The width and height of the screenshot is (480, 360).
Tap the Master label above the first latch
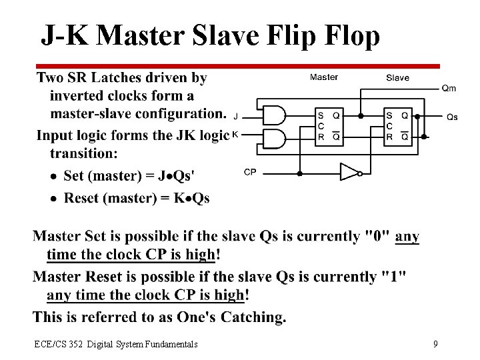(324, 77)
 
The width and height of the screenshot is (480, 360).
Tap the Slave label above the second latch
(397, 78)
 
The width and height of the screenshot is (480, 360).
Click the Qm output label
(449, 88)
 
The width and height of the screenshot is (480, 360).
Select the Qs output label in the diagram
(451, 117)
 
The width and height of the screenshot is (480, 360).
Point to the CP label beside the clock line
(250, 172)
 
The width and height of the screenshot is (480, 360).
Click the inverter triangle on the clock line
(349, 173)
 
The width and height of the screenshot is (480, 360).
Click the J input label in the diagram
(236, 116)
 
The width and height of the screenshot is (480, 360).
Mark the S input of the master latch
(321, 115)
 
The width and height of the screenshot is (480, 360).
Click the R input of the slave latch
(389, 137)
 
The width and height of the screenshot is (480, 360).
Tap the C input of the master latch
(321, 126)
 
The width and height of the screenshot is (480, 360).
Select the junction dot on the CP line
(299, 173)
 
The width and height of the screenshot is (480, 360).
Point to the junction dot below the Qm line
(361, 115)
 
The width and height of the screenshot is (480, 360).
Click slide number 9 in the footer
(435, 344)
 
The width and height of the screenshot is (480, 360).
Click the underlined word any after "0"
(407, 236)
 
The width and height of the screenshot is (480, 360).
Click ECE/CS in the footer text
(49, 344)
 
